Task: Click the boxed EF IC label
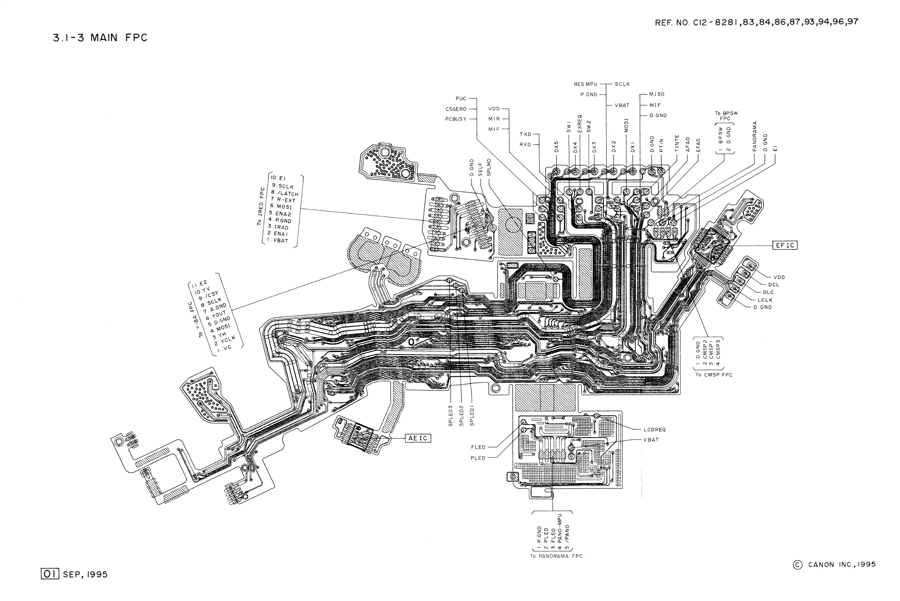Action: tap(785, 245)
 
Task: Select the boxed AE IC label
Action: tap(418, 438)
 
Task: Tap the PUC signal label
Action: tap(461, 99)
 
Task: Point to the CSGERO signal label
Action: tap(456, 109)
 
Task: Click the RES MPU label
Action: tap(585, 84)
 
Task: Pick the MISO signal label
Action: tap(657, 94)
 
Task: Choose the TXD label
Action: tap(526, 134)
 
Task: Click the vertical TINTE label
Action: tap(677, 143)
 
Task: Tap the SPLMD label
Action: tap(489, 167)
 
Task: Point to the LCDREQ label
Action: tap(654, 430)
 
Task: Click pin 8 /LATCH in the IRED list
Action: tap(285, 193)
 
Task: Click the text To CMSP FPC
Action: tap(714, 375)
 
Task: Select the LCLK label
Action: tap(765, 300)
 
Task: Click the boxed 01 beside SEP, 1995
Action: tap(50, 574)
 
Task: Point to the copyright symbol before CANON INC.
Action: tap(798, 565)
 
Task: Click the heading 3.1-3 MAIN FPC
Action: tap(100, 38)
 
